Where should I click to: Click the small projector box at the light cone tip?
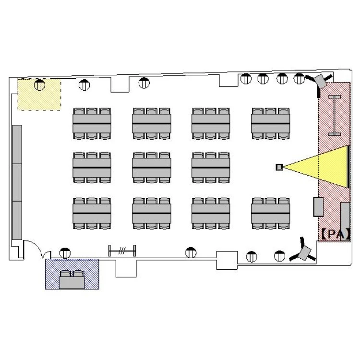(279, 167)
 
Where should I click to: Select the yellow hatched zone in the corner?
(39, 95)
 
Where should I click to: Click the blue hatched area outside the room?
(72, 274)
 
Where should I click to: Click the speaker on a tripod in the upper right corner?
(319, 83)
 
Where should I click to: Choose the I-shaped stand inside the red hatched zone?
(334, 116)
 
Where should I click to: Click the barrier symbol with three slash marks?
(122, 251)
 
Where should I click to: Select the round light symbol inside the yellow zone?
(39, 84)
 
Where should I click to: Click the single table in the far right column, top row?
(270, 124)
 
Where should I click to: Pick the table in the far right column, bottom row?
(270, 214)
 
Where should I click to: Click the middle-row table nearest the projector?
(211, 168)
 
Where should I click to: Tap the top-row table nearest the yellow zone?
(92, 124)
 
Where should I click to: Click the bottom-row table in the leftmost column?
(92, 214)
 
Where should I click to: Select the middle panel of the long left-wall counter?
(17, 182)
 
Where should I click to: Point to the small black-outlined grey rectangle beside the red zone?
(319, 207)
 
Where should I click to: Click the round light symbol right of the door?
(65, 253)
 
